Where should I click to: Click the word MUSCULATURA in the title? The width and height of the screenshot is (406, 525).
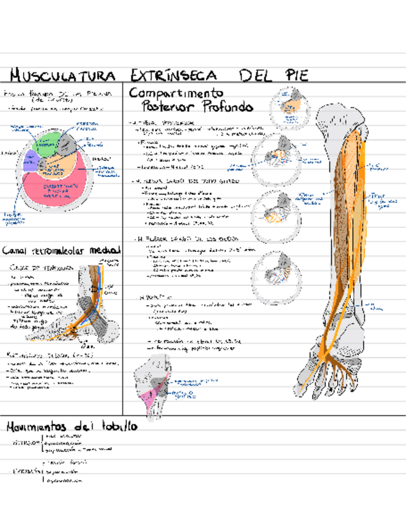pos(62,76)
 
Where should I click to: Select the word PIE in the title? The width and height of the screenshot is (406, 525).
pos(295,76)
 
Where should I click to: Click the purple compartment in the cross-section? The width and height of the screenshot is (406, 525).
pos(30,161)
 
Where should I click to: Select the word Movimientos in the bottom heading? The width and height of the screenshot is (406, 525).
pos(36,427)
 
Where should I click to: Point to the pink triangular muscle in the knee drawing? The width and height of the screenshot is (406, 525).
pos(147,397)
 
